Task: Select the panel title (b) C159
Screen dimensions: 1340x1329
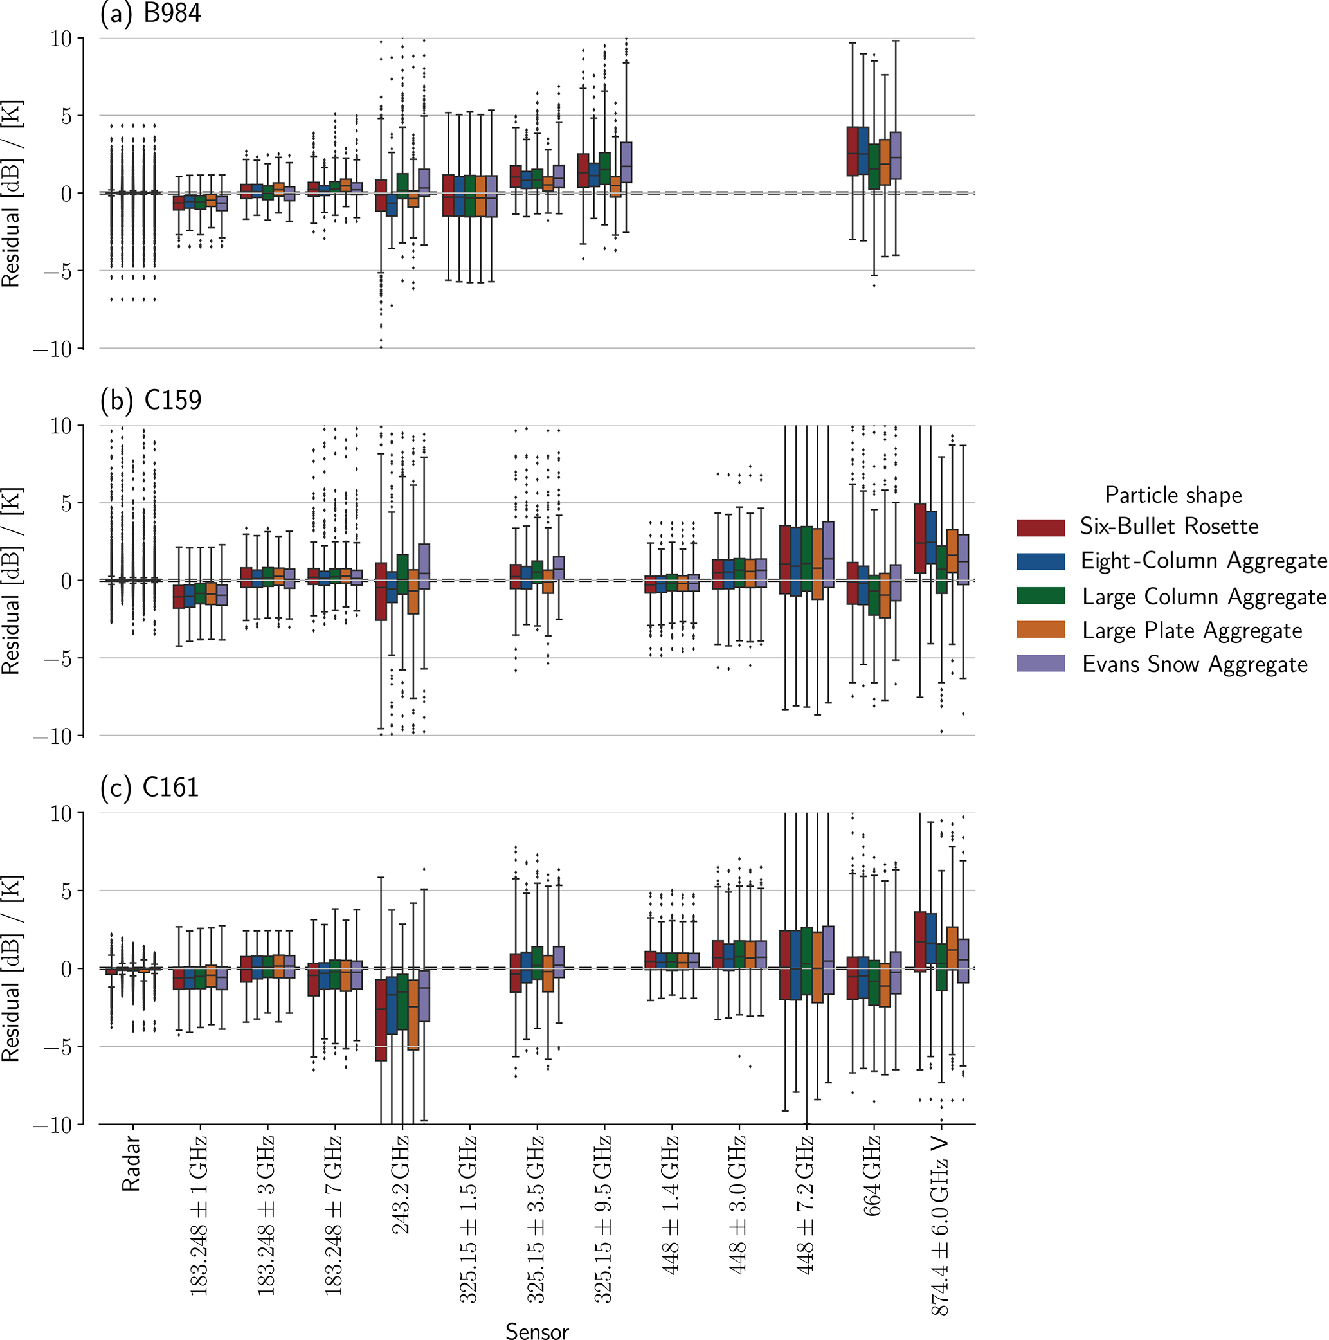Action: pyautogui.click(x=150, y=400)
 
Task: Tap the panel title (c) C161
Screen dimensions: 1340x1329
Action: pyautogui.click(x=149, y=787)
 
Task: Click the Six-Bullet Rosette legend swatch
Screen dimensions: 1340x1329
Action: pyautogui.click(x=1040, y=528)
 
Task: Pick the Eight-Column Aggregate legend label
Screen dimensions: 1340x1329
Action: pyautogui.click(x=1204, y=561)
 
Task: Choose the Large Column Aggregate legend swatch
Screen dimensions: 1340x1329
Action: pyautogui.click(x=1040, y=596)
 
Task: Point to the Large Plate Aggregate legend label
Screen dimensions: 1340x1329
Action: pyautogui.click(x=1191, y=631)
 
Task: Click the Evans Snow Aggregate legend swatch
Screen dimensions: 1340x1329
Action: pyautogui.click(x=1040, y=664)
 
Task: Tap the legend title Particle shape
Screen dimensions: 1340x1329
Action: pyautogui.click(x=1173, y=495)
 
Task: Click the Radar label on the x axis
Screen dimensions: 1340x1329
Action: pyautogui.click(x=131, y=1164)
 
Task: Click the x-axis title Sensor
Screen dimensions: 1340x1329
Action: pyautogui.click(x=536, y=1330)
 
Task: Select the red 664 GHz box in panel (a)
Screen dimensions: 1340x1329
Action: pyautogui.click(x=853, y=151)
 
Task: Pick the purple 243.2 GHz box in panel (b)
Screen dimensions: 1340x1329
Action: pyautogui.click(x=424, y=566)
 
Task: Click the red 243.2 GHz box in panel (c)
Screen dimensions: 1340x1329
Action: pyautogui.click(x=381, y=1020)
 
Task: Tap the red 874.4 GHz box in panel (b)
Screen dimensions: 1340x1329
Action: pyautogui.click(x=920, y=538)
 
